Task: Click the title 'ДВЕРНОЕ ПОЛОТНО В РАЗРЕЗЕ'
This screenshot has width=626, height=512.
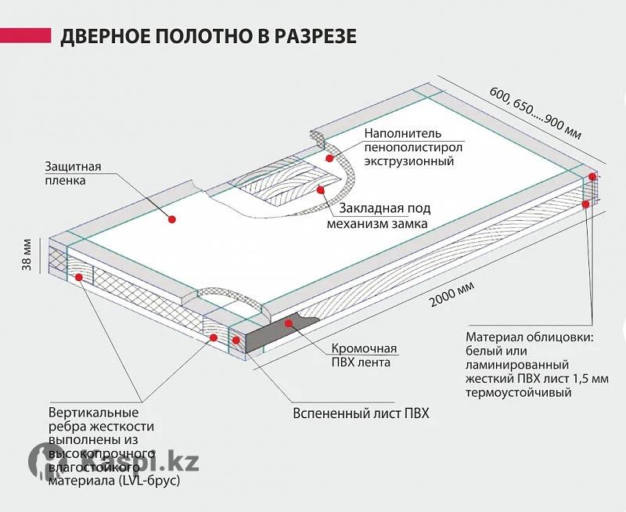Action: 208,36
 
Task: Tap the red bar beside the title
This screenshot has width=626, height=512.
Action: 26,35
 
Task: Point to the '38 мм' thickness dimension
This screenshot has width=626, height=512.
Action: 27,254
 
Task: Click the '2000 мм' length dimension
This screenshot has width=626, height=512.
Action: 452,294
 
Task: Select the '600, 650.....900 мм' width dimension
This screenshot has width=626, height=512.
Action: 535,113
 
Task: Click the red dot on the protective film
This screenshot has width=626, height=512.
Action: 172,219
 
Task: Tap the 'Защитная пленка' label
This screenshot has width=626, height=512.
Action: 73,173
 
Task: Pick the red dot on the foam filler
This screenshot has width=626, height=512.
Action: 329,158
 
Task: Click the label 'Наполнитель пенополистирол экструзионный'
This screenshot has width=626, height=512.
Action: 413,147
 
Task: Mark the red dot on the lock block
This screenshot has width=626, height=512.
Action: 320,189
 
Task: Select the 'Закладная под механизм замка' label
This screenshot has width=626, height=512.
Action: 378,215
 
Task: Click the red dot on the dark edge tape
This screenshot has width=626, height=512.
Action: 288,323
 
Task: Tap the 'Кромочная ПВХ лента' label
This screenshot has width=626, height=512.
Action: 364,355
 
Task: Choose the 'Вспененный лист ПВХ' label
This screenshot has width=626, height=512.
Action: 361,413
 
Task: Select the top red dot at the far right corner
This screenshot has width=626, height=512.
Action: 592,176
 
